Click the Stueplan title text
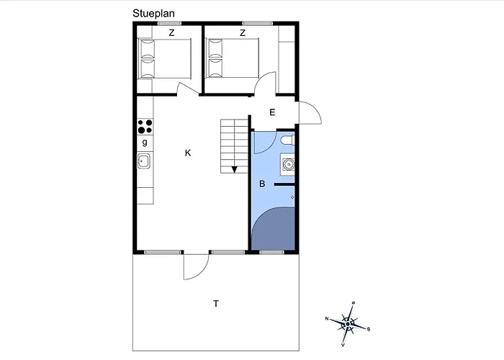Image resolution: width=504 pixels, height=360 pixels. pos(153,14)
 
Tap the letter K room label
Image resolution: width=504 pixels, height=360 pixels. pos(188,153)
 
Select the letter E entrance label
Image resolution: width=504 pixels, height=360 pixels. pos(273,112)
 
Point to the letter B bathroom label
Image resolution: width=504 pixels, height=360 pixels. pos(262,184)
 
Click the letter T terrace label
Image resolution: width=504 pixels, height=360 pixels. pos(216,303)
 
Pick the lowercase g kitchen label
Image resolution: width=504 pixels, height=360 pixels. pos(145,142)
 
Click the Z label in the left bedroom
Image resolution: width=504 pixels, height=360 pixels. pos(171,33)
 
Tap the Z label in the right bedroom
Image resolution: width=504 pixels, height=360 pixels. pos(243,33)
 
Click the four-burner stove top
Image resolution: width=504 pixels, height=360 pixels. pos(145,126)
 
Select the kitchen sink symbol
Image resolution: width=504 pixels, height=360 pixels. pos(144,161)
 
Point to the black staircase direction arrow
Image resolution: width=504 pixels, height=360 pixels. pos(234,169)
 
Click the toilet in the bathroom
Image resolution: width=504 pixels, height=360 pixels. pos(287,140)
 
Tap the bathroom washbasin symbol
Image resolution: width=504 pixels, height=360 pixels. pos(288,164)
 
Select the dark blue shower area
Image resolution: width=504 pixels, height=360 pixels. pos(274,229)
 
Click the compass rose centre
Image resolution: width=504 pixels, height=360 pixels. pos(348,324)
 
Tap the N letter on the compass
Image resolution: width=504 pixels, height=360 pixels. pos(327,319)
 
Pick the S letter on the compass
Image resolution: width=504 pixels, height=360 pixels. pos(369,329)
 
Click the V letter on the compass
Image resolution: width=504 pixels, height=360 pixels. pos(343,345)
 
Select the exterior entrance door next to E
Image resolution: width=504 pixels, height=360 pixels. pos(310,112)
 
